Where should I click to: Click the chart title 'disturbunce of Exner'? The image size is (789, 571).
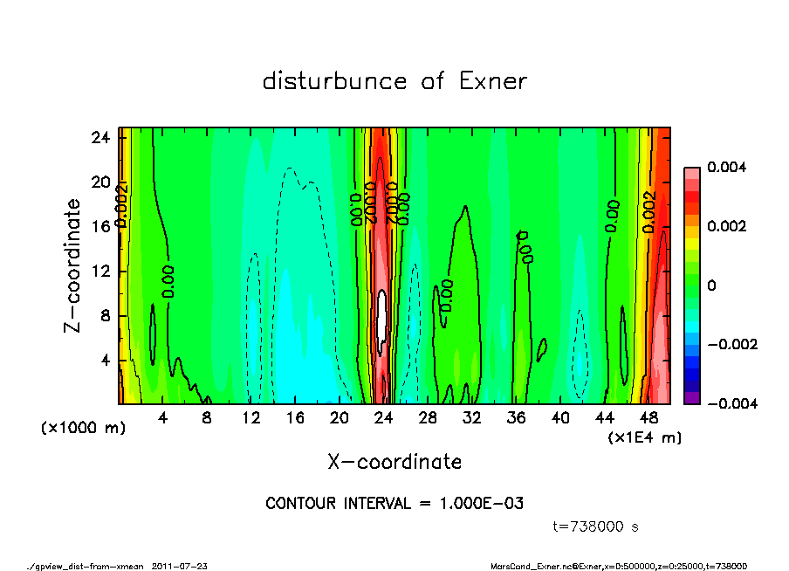click(x=394, y=81)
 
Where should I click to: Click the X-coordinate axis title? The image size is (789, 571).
click(x=394, y=461)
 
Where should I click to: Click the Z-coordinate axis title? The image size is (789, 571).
click(x=73, y=265)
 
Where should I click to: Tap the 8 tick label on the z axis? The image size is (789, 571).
click(x=106, y=316)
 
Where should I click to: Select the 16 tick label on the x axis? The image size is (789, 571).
click(x=295, y=418)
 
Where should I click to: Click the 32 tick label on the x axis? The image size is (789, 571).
click(x=472, y=418)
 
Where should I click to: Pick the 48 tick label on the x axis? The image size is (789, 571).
click(x=648, y=418)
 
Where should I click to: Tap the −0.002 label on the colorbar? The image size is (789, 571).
click(x=731, y=344)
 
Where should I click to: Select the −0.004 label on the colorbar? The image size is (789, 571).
click(x=731, y=403)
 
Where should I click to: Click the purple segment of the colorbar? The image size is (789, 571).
click(x=691, y=397)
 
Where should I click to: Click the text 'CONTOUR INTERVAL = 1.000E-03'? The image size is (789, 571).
click(x=394, y=504)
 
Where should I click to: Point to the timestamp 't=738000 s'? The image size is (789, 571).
click(x=597, y=526)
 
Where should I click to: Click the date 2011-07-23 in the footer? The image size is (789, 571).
click(x=180, y=566)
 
